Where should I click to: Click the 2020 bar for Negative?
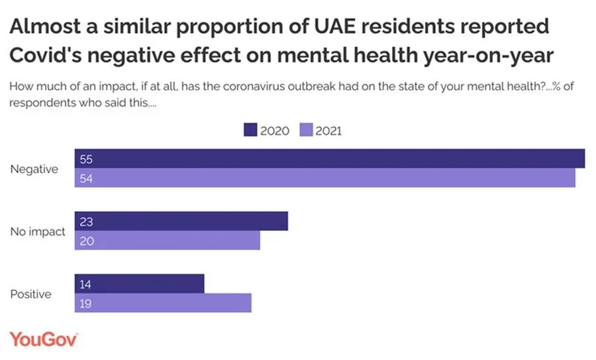coord(329,159)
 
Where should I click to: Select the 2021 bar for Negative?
coord(324,178)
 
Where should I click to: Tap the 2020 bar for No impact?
coord(181,222)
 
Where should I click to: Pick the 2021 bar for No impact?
coord(167,241)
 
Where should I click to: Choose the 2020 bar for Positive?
coord(139,285)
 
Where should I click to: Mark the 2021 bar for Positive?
coord(163,303)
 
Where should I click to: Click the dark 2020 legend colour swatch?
coord(250,130)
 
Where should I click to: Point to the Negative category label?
coord(34,169)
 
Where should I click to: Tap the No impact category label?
coord(38,232)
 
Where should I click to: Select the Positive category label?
coord(30,294)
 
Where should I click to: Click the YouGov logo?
coord(44,338)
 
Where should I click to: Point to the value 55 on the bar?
coord(85,159)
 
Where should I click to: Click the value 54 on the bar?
coord(85,178)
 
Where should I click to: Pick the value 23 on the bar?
coord(85,222)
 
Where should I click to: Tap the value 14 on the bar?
coord(85,285)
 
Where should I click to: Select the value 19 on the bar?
coord(85,303)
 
